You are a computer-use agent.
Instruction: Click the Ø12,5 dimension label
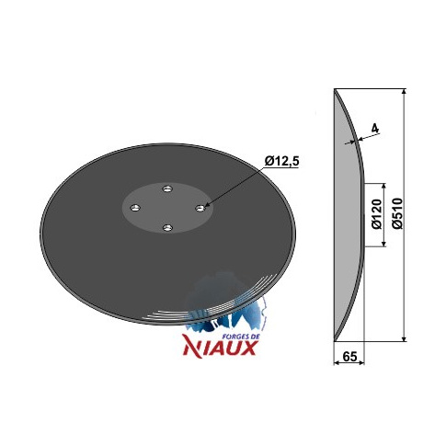click(281, 162)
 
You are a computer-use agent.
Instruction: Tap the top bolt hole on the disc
click(167, 188)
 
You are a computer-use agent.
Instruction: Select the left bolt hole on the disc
click(135, 208)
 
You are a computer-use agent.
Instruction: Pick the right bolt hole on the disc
click(200, 208)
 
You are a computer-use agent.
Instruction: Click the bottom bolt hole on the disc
click(167, 227)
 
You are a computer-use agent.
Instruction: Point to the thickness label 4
click(374, 129)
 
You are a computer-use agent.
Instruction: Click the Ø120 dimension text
click(377, 214)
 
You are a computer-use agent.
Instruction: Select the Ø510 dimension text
click(397, 213)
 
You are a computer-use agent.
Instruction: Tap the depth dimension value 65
click(349, 357)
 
